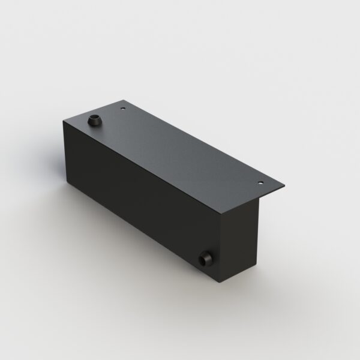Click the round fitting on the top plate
94,119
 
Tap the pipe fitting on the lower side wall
205,259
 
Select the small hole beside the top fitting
123,109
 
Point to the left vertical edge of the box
63,152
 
